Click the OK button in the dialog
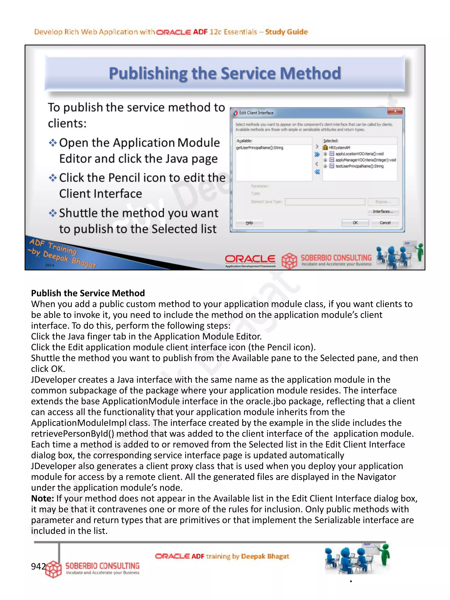355,223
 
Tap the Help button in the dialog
249,223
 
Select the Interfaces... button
383,212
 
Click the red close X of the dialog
395,111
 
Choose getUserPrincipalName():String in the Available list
259,148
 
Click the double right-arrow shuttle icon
317,155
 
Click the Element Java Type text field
325,202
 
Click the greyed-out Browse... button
383,202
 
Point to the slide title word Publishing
148,74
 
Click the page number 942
38,566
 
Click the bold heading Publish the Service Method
88,293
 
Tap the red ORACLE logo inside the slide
250,259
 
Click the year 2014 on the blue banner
50,265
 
